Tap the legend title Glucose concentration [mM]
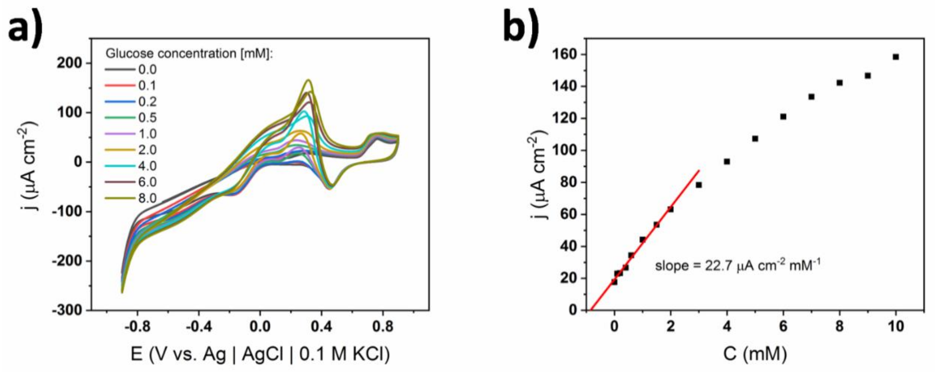(189, 54)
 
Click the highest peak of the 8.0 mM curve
(309, 80)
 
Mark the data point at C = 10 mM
(895, 57)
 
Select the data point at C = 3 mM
(699, 185)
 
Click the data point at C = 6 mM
(783, 117)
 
